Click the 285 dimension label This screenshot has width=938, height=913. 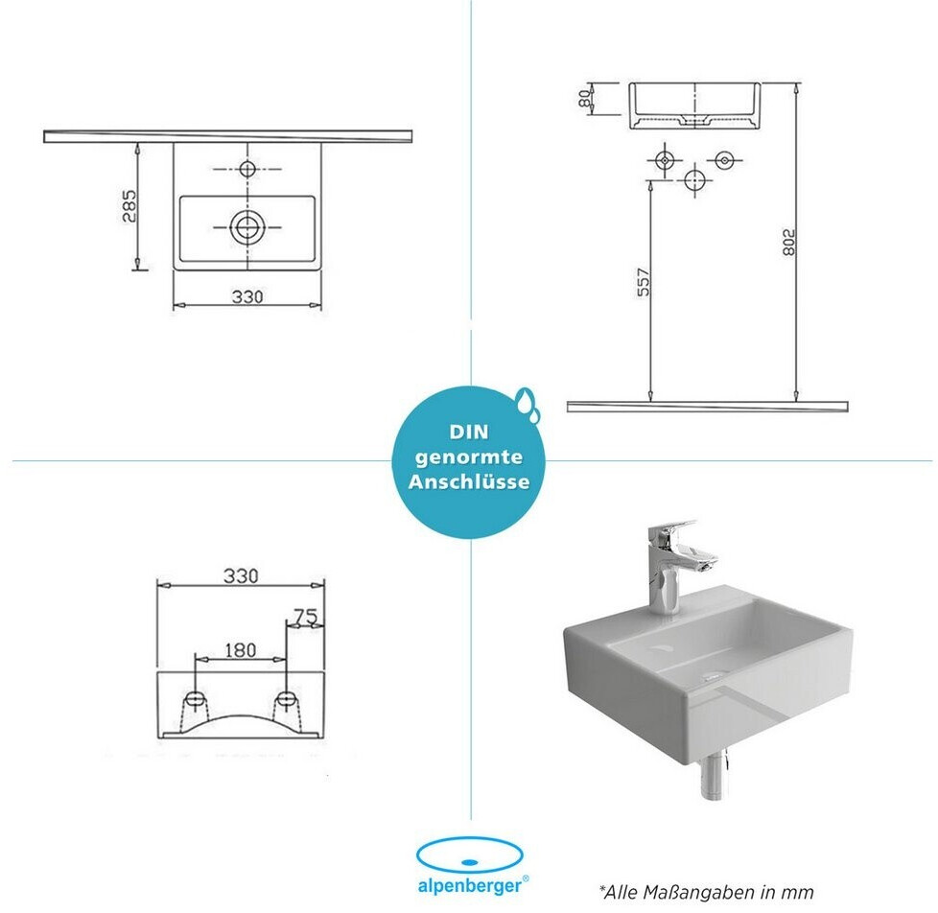click(129, 206)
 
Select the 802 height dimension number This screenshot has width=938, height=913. click(789, 243)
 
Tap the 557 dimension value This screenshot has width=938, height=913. click(644, 282)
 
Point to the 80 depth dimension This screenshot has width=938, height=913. click(584, 99)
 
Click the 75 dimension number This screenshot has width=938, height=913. click(306, 617)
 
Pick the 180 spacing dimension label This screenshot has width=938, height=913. click(240, 650)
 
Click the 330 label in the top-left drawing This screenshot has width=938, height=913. click(247, 296)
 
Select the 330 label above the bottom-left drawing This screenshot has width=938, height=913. click(241, 575)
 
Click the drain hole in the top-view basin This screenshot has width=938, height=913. click(246, 226)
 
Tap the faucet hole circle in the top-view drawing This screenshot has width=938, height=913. click(247, 169)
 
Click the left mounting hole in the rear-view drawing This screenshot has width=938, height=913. click(195, 699)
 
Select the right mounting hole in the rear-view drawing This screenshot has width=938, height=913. click(286, 699)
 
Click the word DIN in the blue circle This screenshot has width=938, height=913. click(469, 432)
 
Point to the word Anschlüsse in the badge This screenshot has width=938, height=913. click(469, 482)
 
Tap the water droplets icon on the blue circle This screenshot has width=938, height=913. click(528, 403)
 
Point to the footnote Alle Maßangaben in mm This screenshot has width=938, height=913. click(707, 893)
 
